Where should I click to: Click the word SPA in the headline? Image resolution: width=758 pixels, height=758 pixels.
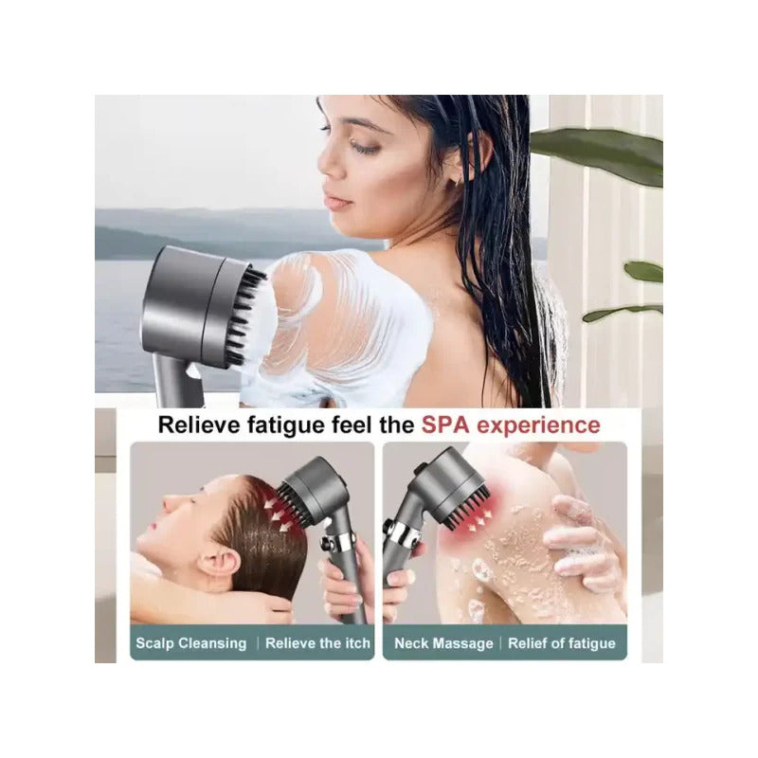[x=445, y=424]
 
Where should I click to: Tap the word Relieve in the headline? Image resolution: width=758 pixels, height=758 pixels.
[x=199, y=424]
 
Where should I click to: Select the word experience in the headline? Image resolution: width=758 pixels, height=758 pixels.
[x=538, y=425]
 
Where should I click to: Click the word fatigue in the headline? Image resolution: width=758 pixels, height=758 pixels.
[x=286, y=425]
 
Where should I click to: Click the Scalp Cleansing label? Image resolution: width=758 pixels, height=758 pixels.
[x=191, y=643]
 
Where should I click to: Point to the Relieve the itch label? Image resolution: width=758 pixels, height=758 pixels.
[x=317, y=643]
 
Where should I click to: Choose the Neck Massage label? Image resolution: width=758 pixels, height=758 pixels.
[x=443, y=643]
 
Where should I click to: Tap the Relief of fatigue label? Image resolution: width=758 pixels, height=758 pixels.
[x=562, y=643]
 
